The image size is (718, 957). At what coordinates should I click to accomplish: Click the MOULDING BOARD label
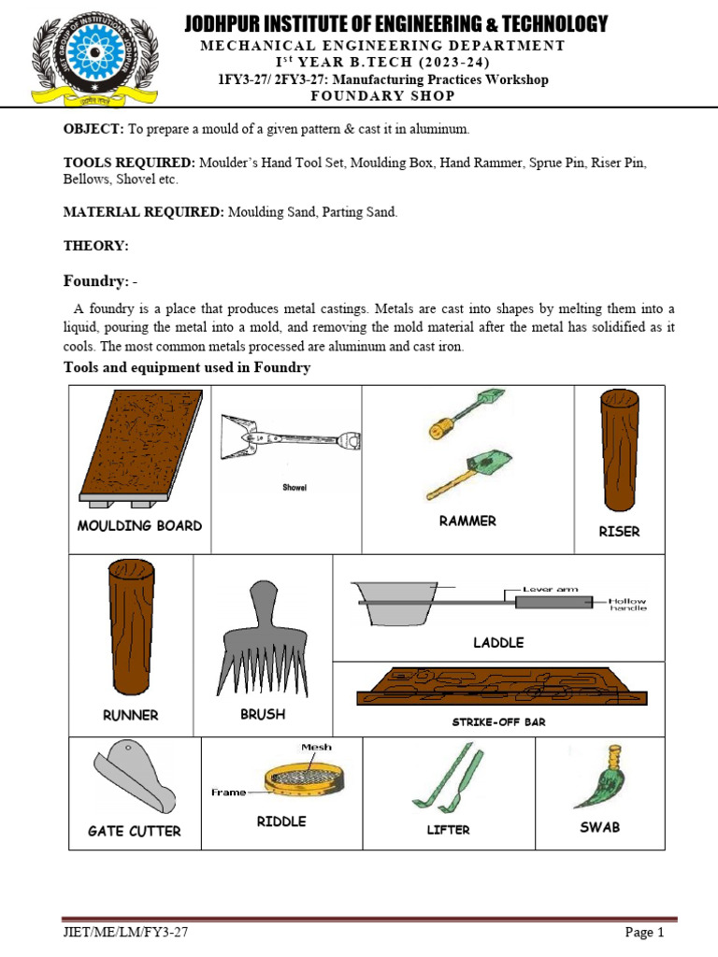click(x=139, y=525)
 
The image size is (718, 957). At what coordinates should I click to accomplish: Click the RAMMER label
click(x=467, y=521)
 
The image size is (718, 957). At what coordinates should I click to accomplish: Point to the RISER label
click(x=619, y=531)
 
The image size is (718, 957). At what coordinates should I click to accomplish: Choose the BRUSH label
click(x=263, y=714)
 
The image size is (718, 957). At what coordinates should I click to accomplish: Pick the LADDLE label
click(x=498, y=642)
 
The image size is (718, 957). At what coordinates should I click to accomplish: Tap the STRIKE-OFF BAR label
click(x=498, y=721)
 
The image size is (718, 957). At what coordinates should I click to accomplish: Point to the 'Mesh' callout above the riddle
click(x=316, y=747)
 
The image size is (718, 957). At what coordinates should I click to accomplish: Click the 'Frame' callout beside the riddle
click(x=228, y=792)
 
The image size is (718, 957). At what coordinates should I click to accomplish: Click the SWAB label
click(x=599, y=827)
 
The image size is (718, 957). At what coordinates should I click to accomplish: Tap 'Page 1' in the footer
click(x=643, y=932)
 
